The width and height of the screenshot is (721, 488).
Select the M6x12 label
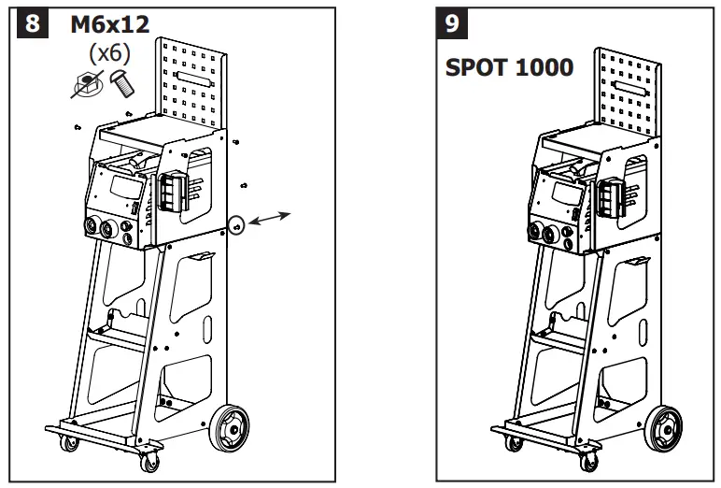(x=109, y=25)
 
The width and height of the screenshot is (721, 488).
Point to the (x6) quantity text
(x=108, y=55)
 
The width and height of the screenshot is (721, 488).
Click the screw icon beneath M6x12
(x=122, y=85)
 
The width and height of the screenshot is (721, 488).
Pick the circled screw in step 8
(x=236, y=224)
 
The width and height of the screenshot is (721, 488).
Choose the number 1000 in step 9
(x=547, y=69)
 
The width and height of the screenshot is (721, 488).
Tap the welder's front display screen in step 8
(x=121, y=187)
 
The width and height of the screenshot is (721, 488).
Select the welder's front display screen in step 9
(x=566, y=194)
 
